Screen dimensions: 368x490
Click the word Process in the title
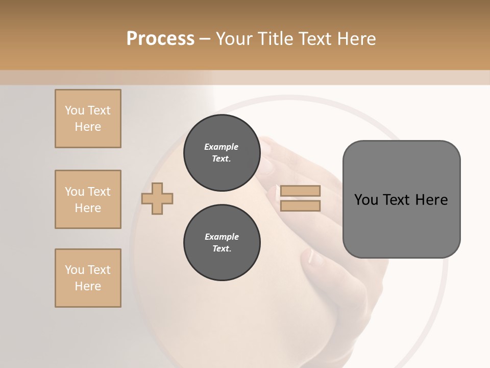click(160, 39)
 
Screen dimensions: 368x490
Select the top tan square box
click(88, 119)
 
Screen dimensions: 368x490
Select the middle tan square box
click(88, 199)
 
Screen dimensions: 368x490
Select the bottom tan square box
click(88, 278)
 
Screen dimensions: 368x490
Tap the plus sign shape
click(157, 198)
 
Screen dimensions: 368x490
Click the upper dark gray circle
click(222, 153)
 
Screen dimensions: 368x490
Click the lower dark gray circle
click(222, 243)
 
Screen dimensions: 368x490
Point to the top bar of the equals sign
click(300, 191)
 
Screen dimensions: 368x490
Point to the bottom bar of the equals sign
click(300, 206)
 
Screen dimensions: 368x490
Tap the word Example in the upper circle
click(222, 147)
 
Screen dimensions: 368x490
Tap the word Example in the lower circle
click(222, 237)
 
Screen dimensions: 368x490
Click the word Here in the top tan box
click(88, 127)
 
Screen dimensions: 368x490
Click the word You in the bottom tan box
click(75, 270)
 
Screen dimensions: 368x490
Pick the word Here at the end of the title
click(357, 39)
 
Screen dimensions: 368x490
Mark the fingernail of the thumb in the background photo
click(313, 259)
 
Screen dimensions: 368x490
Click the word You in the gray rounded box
click(366, 200)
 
